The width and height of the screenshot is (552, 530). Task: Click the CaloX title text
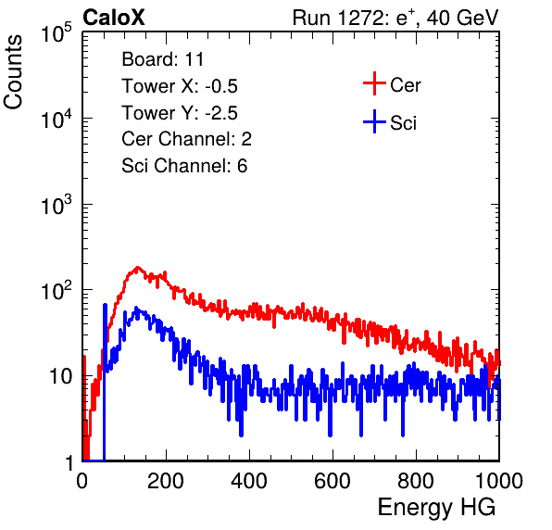point(113,18)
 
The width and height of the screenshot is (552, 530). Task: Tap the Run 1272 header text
point(395,18)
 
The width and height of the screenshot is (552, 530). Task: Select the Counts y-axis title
point(13,72)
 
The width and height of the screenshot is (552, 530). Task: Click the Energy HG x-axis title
point(436,508)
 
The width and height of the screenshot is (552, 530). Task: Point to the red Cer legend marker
point(374,83)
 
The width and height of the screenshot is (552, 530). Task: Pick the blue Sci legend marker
point(374,121)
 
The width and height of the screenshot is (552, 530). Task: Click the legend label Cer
point(405,85)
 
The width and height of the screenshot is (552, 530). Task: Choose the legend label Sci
point(403,123)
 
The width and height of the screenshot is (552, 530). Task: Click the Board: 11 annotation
point(163,59)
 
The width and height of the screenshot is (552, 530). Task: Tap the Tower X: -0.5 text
point(180,86)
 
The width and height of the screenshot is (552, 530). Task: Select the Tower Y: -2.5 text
point(180,113)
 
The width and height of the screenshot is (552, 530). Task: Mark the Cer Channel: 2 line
point(186,139)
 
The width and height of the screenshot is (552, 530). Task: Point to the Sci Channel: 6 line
point(184,166)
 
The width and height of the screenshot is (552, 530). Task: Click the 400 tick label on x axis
point(249,481)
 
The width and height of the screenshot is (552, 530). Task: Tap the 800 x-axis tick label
point(416,481)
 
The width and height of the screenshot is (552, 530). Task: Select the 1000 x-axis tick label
point(499,481)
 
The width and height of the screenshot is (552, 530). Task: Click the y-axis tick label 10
point(60,376)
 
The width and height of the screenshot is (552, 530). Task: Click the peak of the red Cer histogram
point(137,268)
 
